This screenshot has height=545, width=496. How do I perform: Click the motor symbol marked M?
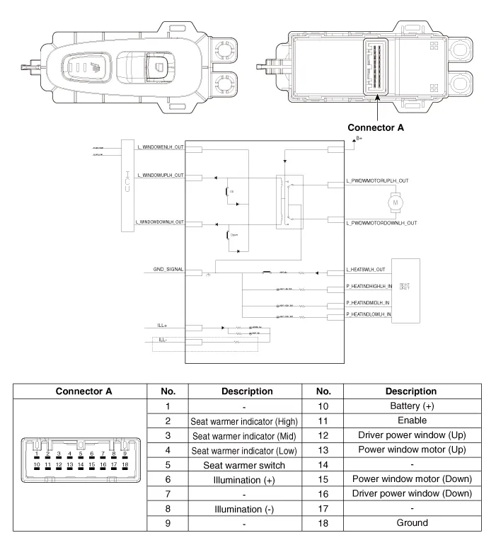[396, 203]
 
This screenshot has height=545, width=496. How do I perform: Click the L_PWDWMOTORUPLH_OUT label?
[378, 181]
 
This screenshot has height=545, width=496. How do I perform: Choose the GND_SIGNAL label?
[168, 270]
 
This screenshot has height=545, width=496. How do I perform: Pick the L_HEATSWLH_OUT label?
[365, 270]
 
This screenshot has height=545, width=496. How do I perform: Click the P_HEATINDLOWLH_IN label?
[369, 314]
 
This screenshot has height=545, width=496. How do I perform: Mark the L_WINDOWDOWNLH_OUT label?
[161, 222]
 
